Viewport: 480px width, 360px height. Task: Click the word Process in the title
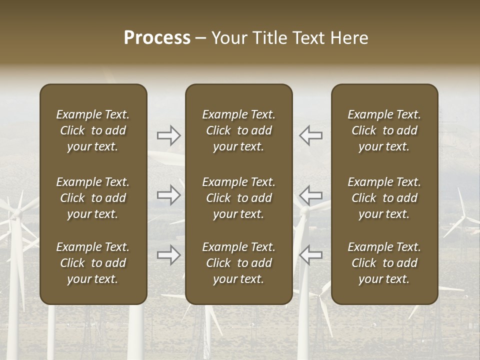coord(157,38)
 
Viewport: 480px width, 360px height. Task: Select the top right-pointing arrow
coord(169,135)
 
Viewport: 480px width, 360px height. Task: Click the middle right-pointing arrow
coord(169,195)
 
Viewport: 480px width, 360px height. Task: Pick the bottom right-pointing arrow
coord(169,255)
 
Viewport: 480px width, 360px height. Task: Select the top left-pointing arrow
coord(310,135)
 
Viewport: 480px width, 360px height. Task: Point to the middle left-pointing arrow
coord(310,195)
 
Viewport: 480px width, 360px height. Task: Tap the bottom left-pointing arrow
coord(310,255)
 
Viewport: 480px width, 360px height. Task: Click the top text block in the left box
coord(93,130)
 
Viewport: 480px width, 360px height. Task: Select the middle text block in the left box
coord(93,198)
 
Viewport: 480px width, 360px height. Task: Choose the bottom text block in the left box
coord(93,263)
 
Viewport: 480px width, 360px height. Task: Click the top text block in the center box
coord(239,130)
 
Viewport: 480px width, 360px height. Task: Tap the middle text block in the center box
coord(239,198)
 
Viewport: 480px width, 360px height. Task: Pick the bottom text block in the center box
coord(239,263)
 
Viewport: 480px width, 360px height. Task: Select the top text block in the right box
coord(384,130)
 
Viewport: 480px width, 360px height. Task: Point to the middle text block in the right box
coord(384,198)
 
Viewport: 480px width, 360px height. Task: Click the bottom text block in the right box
coord(384,263)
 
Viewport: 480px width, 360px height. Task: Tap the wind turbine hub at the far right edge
coord(463,218)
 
